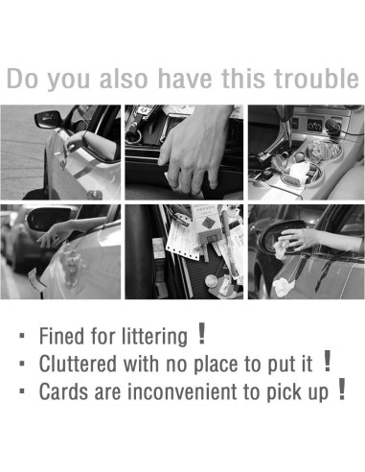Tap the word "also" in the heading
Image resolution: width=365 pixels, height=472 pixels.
pos(124,79)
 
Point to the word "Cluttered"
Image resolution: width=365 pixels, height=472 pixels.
pos(78,364)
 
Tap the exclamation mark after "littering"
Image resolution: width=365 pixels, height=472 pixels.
pos(201,333)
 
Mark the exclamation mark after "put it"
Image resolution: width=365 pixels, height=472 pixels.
pos(327,361)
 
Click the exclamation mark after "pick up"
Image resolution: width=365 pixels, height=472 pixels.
pos(342,389)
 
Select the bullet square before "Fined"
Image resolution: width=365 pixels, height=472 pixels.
pos(22,336)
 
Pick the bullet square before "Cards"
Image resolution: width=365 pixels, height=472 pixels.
pos(22,391)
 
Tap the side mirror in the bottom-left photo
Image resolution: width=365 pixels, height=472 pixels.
pos(48,219)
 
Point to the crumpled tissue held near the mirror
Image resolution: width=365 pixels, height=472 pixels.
pos(281,249)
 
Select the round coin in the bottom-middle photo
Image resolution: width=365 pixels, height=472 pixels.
pos(211,282)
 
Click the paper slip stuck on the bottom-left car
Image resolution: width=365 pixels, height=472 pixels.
pos(35,280)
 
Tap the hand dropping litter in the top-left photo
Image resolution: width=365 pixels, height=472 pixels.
pos(76,142)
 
